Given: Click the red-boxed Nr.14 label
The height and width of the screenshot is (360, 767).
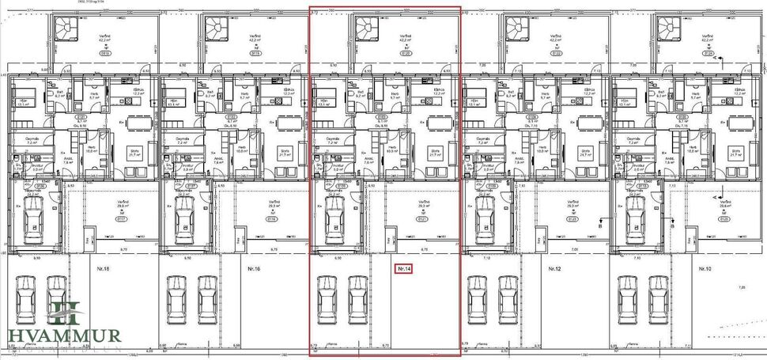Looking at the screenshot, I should click(404, 269).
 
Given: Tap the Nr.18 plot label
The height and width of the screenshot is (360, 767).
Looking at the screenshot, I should click(102, 269).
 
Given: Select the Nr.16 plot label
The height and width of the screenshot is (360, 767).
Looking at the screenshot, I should click(254, 269).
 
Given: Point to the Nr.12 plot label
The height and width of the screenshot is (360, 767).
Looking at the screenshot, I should click(555, 269).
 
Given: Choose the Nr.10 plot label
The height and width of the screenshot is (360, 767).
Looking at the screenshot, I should click(705, 269).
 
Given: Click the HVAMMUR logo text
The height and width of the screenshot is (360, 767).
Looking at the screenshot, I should click(65, 335).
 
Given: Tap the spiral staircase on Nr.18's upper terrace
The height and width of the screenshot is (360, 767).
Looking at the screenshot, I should click(63, 28).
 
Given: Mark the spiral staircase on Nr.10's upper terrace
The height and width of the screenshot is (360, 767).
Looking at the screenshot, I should click(668, 28).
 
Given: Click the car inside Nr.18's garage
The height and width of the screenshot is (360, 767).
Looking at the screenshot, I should click(33, 218).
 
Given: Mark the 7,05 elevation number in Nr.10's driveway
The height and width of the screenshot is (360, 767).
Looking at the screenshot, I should click(741, 288).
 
